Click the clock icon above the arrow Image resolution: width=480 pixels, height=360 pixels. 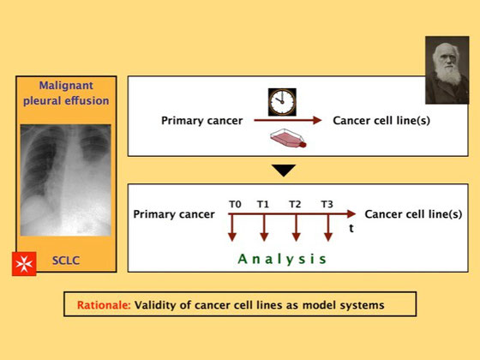pyautogui.click(x=282, y=102)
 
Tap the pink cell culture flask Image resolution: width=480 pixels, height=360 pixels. pyautogui.click(x=288, y=138)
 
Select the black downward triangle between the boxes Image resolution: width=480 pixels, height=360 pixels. pyautogui.click(x=284, y=171)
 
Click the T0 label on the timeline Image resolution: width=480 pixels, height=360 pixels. pyautogui.click(x=235, y=204)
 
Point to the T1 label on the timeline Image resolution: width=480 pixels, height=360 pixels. pyautogui.click(x=263, y=204)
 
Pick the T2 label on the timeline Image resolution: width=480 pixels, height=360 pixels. pyautogui.click(x=295, y=204)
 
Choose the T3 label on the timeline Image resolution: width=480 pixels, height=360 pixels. pyautogui.click(x=327, y=204)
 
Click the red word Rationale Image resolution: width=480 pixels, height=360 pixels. pyautogui.click(x=104, y=305)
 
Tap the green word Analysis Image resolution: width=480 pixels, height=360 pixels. pyautogui.click(x=282, y=259)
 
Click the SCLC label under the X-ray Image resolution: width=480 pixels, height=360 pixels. pyautogui.click(x=66, y=261)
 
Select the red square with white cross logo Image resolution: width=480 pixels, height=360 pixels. pyautogui.click(x=24, y=264)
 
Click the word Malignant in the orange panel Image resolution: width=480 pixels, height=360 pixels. pyautogui.click(x=66, y=86)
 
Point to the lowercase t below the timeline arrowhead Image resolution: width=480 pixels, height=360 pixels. pyautogui.click(x=351, y=228)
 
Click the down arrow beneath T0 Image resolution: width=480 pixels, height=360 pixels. pyautogui.click(x=232, y=227)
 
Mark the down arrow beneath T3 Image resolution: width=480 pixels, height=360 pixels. pyautogui.click(x=328, y=227)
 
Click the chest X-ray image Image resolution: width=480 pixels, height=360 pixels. pyautogui.click(x=65, y=180)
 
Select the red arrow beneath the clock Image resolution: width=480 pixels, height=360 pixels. pyautogui.click(x=288, y=120)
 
